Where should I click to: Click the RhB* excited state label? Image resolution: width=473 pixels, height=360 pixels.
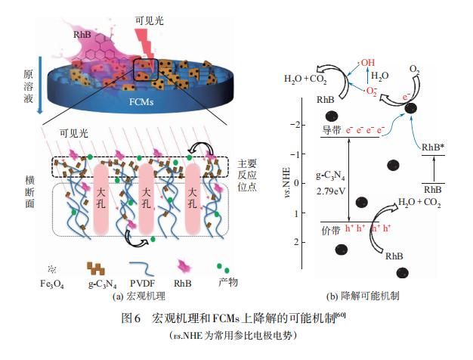click(433, 147)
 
